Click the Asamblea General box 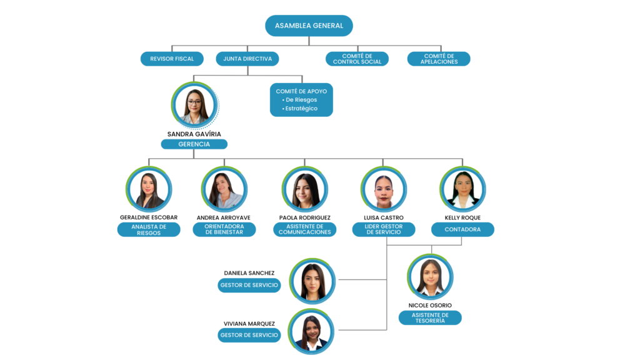[x=309, y=26]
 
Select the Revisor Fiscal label [x=172, y=59]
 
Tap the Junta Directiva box [x=247, y=59]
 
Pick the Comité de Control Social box [x=357, y=59]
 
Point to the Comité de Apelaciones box [x=439, y=59]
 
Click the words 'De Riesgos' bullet [x=301, y=100]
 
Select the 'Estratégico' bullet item [x=301, y=109]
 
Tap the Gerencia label [x=194, y=144]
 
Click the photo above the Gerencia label [x=194, y=105]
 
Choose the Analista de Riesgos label [x=149, y=229]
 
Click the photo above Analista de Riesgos [x=149, y=189]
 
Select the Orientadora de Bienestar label [x=224, y=229]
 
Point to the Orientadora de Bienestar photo [x=224, y=189]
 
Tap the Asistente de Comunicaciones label [x=304, y=229]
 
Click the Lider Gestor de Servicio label [x=384, y=229]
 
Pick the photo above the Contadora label [x=463, y=189]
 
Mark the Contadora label [x=462, y=229]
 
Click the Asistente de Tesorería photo [x=431, y=277]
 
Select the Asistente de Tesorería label [x=430, y=317]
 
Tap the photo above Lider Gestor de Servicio [x=384, y=189]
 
